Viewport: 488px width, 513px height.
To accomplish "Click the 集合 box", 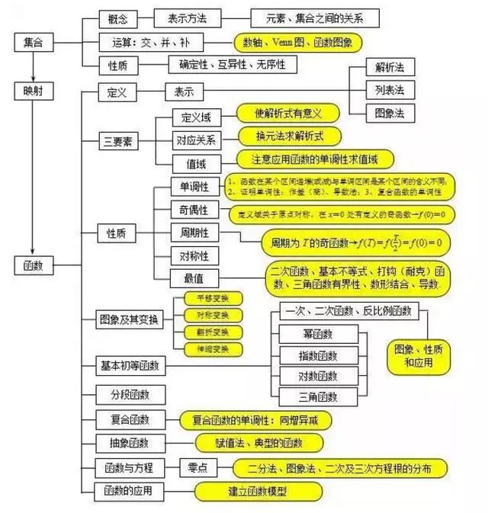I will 33,43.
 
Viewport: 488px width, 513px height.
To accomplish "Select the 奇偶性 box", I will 194,210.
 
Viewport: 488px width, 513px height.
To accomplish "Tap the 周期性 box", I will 194,232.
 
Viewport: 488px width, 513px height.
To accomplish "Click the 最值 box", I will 194,277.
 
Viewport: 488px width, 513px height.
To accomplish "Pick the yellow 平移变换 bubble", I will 207,299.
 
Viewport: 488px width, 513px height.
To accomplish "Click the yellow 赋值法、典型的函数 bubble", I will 260,442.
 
